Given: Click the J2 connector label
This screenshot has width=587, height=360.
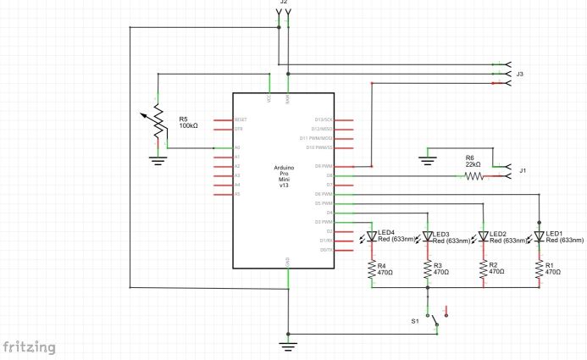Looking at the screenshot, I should pos(284,3).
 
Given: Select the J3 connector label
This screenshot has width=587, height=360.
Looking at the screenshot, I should pos(520,75).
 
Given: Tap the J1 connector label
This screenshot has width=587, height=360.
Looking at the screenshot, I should pos(523,171).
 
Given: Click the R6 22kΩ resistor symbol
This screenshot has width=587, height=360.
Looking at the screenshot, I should pos(472,176).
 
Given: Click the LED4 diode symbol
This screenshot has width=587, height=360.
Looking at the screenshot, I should pos(372,236).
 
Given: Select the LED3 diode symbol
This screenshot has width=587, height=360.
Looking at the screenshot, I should pos(429,236).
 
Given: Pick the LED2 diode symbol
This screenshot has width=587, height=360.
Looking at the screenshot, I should pos(484,236).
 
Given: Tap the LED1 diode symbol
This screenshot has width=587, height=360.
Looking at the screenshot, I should pos(540,236).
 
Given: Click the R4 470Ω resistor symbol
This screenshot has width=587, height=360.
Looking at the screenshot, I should pos(372,269).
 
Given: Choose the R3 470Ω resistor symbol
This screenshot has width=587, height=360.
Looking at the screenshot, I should pos(429,269).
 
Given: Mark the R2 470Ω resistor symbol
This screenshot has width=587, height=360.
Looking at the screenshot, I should pos(484,269).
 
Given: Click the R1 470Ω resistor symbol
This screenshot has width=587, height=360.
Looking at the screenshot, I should pos(540,269).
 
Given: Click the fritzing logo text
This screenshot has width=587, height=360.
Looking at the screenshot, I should pos(30,347).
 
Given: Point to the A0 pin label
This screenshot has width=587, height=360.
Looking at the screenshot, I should pos(237,148).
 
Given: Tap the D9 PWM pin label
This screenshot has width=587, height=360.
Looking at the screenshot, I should pos(323,166).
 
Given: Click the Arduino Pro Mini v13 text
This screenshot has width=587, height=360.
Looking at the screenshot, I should pos(285,175).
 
